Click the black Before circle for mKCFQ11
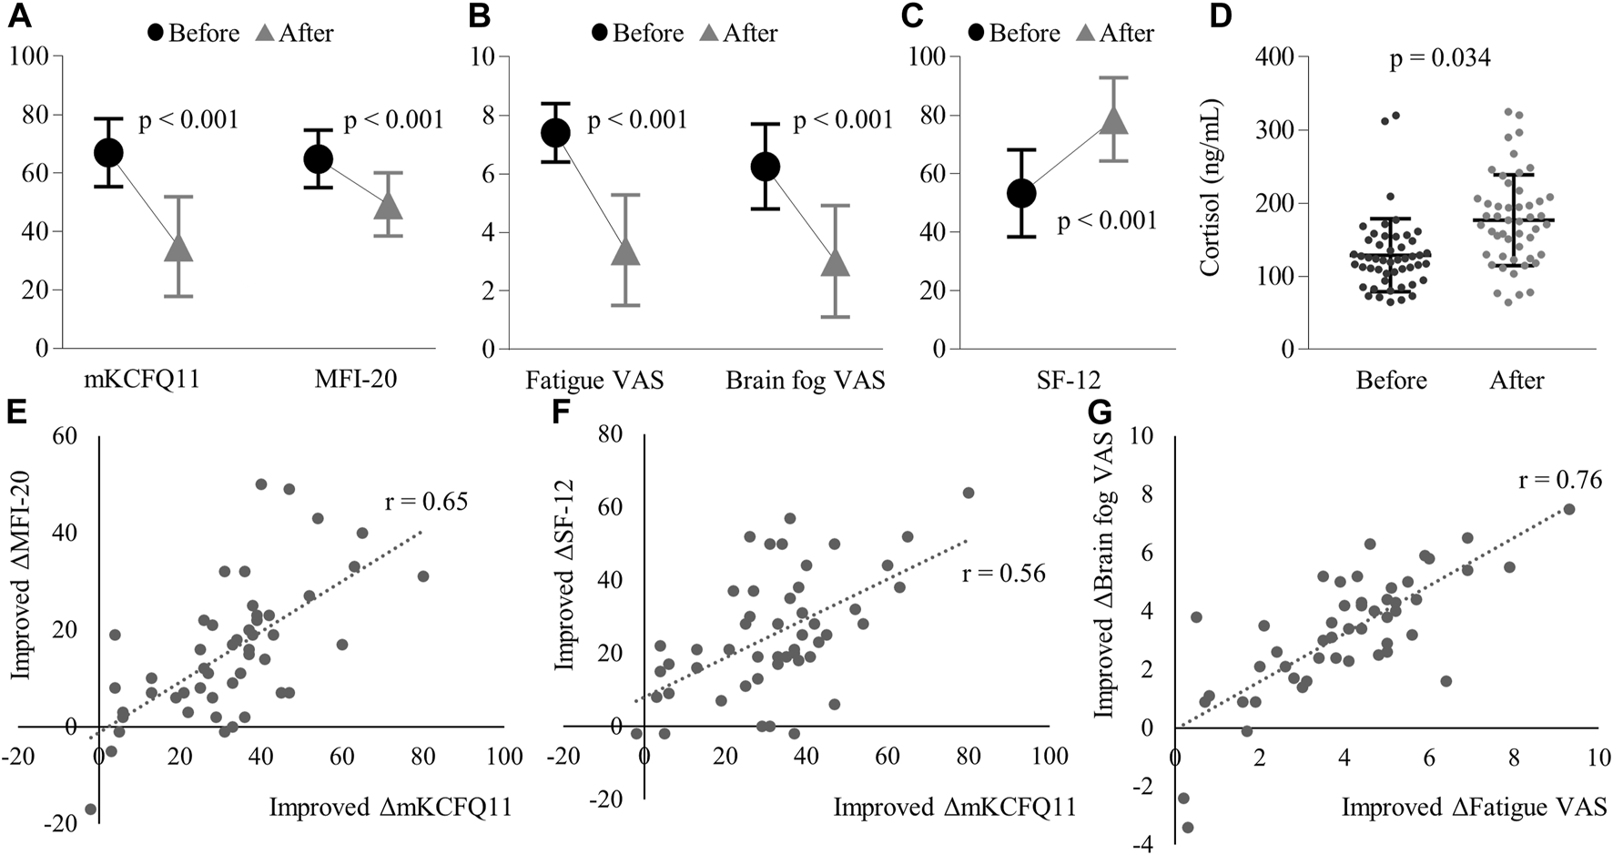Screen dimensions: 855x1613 tap(108, 152)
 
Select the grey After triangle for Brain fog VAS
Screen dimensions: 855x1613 tap(834, 262)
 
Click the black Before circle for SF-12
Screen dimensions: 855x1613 tap(1021, 193)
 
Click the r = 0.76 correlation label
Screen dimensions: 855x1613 tap(1560, 480)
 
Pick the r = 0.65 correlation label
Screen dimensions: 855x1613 tap(426, 501)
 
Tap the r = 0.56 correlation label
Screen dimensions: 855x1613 tap(1004, 573)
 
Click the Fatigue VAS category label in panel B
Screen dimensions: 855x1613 tap(593, 380)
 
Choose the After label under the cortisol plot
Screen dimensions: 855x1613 tap(1517, 380)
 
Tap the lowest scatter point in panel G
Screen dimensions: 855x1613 tap(1187, 828)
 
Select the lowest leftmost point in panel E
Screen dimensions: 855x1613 tap(90, 809)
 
